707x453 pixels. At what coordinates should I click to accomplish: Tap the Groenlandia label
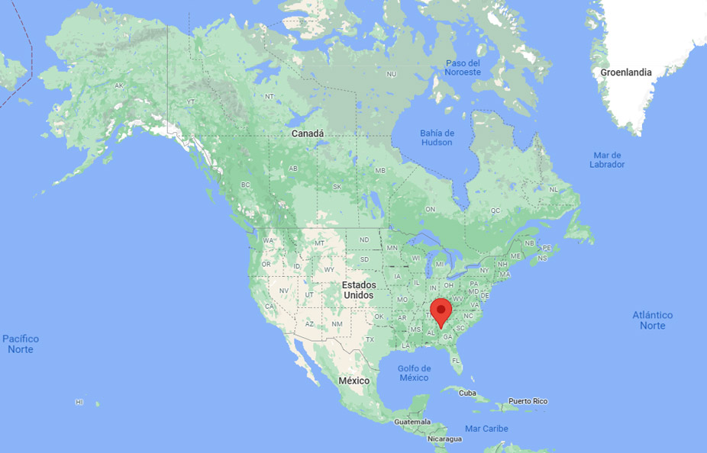[x=626, y=72]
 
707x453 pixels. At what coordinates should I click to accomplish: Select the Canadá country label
[x=308, y=133]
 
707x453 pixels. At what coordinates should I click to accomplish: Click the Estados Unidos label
[x=358, y=290]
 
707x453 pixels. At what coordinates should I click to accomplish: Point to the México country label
[x=353, y=381]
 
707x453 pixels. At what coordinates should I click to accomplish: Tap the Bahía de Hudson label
[x=437, y=137]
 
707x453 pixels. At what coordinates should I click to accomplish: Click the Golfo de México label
[x=414, y=373]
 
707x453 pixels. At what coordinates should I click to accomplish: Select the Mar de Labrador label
[x=608, y=159]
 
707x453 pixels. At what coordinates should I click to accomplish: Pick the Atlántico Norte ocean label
[x=653, y=320]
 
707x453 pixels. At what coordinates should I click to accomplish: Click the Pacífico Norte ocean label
[x=21, y=344]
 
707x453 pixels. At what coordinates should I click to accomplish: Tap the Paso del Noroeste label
[x=463, y=67]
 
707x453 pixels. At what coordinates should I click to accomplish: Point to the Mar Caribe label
[x=486, y=429]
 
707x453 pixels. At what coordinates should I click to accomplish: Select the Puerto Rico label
[x=528, y=401]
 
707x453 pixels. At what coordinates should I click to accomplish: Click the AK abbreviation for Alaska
[x=119, y=86]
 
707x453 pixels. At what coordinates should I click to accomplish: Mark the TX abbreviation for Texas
[x=370, y=339]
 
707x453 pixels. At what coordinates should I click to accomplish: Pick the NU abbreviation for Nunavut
[x=392, y=74]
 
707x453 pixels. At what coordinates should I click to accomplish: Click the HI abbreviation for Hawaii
[x=79, y=401]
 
